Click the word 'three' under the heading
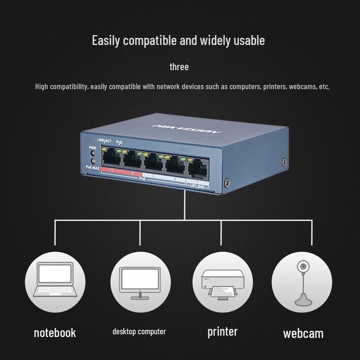pos(179,67)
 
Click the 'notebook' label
pos(54,333)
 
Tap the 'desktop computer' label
pos(139,332)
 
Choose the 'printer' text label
pos(222,332)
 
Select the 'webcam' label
pos(303,333)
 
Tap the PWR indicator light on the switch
pos(93,153)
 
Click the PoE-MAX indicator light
pos(93,161)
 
